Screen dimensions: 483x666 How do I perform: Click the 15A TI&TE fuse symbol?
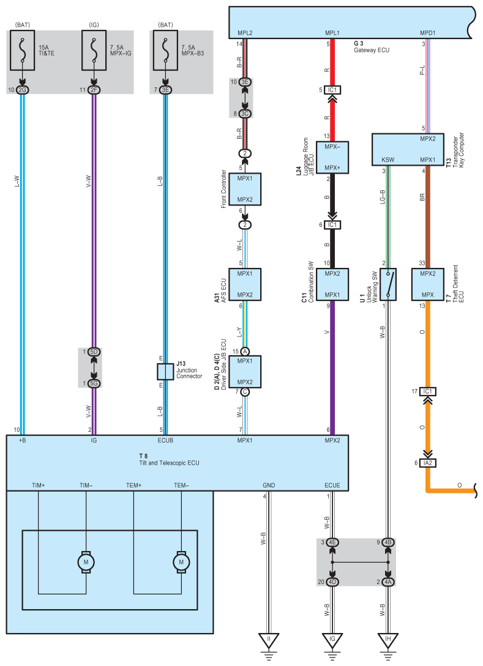[x=23, y=50]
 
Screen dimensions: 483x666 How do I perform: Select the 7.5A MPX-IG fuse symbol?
[x=94, y=50]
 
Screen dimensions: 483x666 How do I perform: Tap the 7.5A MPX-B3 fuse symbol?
[x=165, y=50]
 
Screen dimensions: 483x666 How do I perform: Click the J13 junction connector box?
[x=165, y=372]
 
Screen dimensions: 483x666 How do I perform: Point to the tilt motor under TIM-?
[x=86, y=562]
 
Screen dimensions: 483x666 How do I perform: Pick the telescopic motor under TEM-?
[x=181, y=562]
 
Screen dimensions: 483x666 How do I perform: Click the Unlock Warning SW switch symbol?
[x=388, y=284]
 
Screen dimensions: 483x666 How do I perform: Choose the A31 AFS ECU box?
[x=245, y=284]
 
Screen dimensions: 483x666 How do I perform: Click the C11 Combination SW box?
[x=332, y=284]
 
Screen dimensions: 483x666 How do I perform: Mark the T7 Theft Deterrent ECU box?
[x=428, y=284]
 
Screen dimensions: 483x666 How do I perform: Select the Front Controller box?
[x=245, y=190]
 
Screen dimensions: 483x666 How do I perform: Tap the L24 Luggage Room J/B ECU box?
[x=332, y=158]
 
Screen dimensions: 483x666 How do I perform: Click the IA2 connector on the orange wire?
[x=428, y=463]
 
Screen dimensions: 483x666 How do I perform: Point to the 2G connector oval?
[x=23, y=90]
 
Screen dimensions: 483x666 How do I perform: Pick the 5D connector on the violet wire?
[x=94, y=352]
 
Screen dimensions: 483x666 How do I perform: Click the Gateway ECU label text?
[x=372, y=50]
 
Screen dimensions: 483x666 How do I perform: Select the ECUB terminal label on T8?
[x=165, y=440]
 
